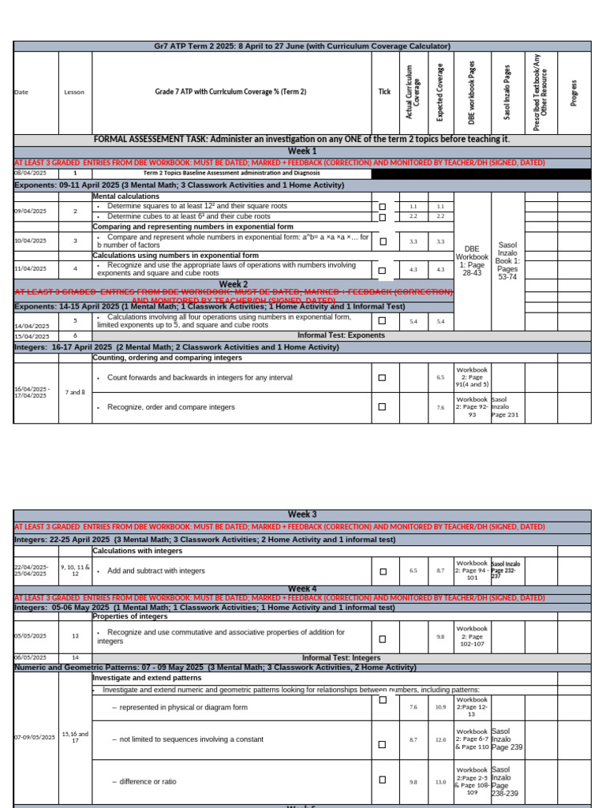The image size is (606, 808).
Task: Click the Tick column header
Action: point(384,92)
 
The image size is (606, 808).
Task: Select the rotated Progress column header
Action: point(574,92)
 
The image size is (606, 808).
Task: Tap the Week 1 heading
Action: point(302,151)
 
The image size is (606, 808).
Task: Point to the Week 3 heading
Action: point(302,514)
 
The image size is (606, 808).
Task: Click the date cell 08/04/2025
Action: point(31,173)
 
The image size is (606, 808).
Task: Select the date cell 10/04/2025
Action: point(31,241)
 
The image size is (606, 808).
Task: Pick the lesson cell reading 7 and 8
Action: point(75,392)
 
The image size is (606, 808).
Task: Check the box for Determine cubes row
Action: point(383,217)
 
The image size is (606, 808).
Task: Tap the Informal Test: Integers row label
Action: point(341,657)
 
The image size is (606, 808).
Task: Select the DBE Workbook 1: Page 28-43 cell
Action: point(473,257)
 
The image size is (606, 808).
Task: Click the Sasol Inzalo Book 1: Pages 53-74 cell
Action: point(507,256)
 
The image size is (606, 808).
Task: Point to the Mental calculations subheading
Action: point(126,196)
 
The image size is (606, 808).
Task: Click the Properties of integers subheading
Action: point(131,616)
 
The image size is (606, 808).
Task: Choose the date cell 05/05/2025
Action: point(31,636)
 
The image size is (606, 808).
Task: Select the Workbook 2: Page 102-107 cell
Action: point(472,637)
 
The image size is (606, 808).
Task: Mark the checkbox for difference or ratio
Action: point(383,780)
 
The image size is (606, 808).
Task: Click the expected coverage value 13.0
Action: point(441,782)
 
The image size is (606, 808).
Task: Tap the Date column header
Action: point(21,92)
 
